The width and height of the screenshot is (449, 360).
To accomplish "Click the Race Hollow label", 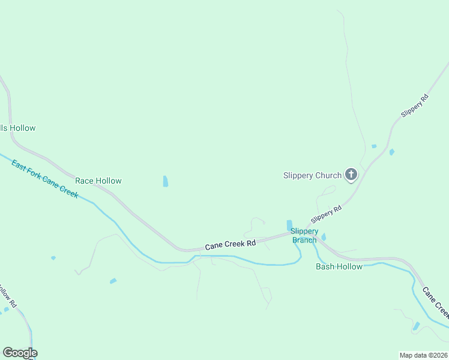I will coord(98,181).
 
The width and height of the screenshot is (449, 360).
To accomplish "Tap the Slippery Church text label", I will coord(312,176).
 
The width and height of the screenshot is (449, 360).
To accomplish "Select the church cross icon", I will coord(351,175).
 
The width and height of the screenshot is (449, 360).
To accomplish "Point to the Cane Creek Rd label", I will coord(231,245).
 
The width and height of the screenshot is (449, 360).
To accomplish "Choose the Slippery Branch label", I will coord(304,236).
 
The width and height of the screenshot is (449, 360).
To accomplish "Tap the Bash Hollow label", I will coord(339,266).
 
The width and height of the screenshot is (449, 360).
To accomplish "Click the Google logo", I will coord(20,353).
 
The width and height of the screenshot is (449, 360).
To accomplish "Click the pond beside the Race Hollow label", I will coord(165,181).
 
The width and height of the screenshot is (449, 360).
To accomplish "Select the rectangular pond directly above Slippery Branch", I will coord(289,224).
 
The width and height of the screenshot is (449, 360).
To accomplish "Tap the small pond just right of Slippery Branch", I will coord(324,237).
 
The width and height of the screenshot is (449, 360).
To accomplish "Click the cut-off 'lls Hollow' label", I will coord(18,128).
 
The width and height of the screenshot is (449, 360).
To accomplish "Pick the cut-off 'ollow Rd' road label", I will coord(7,296).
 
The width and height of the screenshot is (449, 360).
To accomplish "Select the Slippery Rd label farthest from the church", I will coord(415,106).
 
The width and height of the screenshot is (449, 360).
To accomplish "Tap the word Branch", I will coord(304,240).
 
